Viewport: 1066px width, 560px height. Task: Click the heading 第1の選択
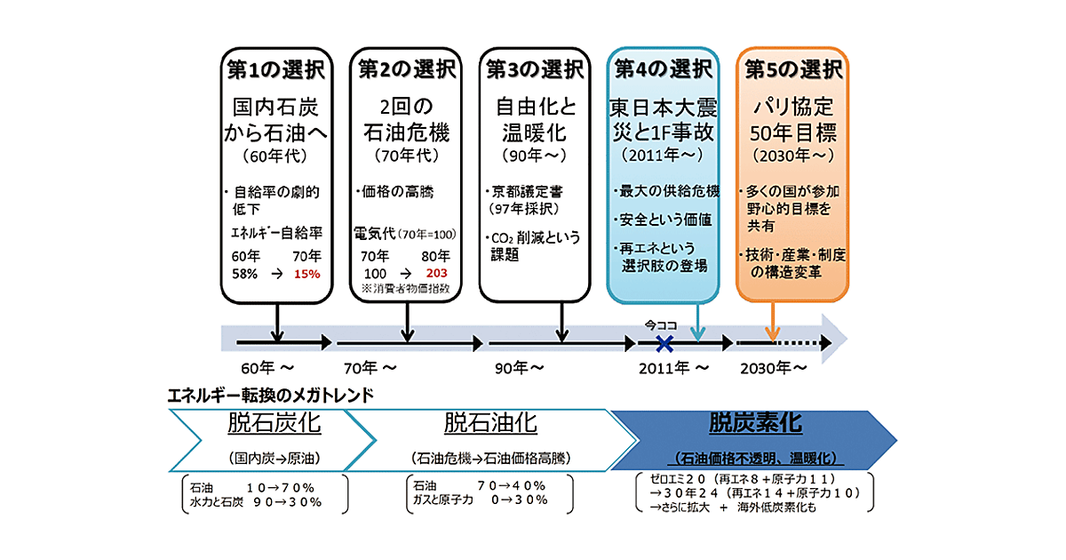276,67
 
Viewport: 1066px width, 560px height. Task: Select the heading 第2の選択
407,67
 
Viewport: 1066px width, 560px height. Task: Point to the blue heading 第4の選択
664,67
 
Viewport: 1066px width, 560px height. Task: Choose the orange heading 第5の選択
792,67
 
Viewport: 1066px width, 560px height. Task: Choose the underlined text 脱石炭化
274,423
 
